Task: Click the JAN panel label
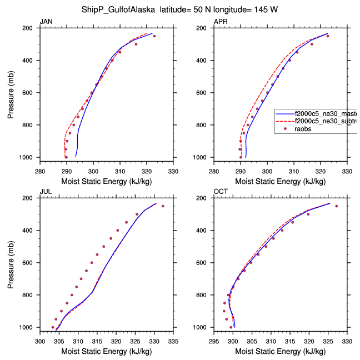pyautogui.click(x=46, y=22)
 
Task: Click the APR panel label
pyautogui.click(x=220, y=22)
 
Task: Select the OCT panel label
pyautogui.click(x=221, y=192)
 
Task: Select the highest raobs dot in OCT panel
pyautogui.click(x=336, y=206)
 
